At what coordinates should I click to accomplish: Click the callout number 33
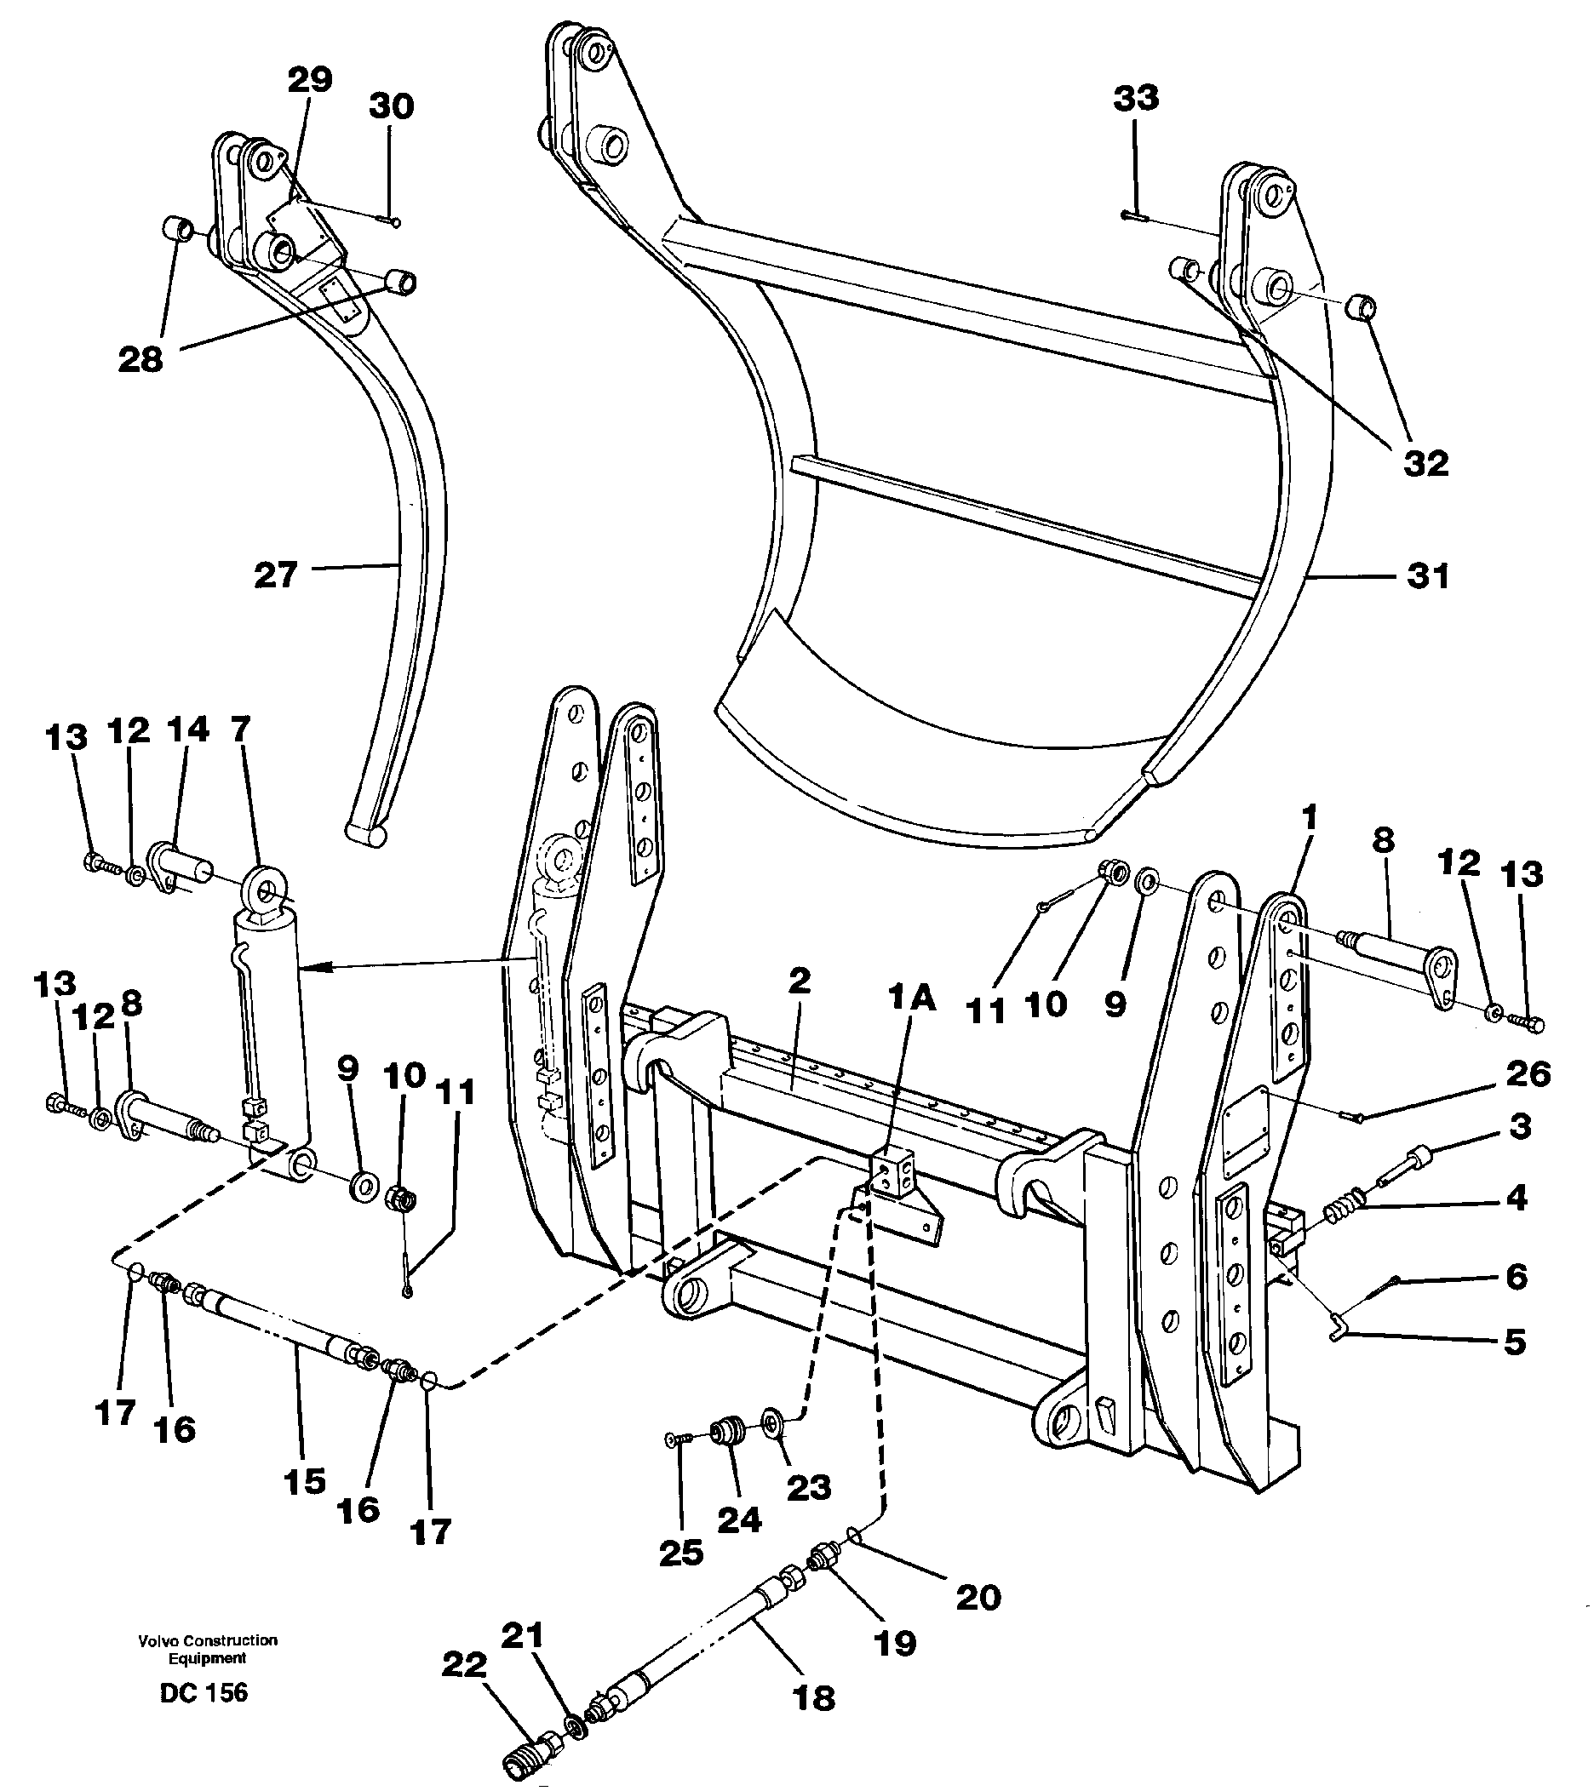[x=1136, y=98]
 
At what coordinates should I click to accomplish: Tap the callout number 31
[x=1427, y=576]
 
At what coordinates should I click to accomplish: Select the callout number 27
[x=276, y=575]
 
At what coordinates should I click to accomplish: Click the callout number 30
[x=391, y=107]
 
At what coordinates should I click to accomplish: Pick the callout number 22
[x=463, y=1665]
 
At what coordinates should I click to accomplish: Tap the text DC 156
[x=204, y=1692]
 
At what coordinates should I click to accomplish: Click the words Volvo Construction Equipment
[x=208, y=1649]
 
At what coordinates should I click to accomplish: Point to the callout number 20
[x=978, y=1598]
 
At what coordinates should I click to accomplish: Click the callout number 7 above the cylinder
[x=240, y=727]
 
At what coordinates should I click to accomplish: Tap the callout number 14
[x=189, y=729]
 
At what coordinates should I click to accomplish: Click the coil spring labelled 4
[x=1343, y=1213]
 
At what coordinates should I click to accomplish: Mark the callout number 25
[x=682, y=1553]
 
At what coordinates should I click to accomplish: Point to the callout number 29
[x=310, y=80]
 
